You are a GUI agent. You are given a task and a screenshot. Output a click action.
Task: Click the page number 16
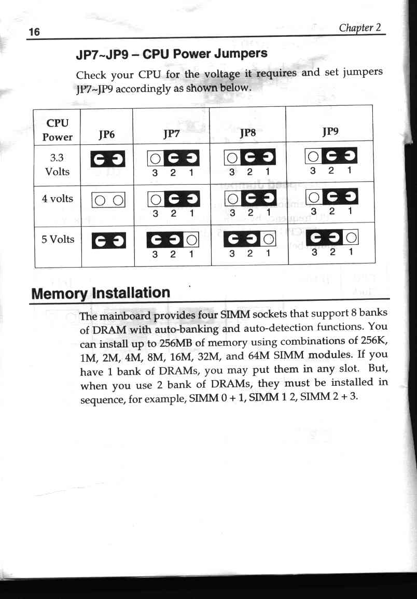click(x=34, y=31)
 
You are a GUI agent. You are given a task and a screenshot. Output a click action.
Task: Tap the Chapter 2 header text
click(x=360, y=27)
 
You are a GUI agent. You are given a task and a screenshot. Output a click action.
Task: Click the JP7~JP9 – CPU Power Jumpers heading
click(x=171, y=54)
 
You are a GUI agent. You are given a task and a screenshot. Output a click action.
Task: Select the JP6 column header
click(x=107, y=134)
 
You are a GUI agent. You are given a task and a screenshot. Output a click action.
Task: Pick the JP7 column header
click(x=171, y=134)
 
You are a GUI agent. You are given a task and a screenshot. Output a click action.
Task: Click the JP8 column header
click(x=248, y=133)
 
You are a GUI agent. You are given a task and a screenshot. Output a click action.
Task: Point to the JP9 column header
click(x=330, y=131)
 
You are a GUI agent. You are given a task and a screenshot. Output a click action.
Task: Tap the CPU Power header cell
click(x=58, y=130)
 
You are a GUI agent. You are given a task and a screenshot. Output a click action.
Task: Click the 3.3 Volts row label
click(x=58, y=164)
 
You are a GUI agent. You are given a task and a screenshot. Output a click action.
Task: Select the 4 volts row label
click(x=58, y=199)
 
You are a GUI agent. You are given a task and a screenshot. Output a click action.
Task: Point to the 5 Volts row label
click(x=58, y=240)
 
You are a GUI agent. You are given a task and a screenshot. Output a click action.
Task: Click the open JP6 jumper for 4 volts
click(x=108, y=200)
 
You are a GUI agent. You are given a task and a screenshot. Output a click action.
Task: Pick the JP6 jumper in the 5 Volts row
click(x=109, y=241)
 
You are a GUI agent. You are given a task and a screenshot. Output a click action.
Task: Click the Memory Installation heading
click(x=101, y=293)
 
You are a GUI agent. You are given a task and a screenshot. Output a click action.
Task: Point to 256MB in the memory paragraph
click(x=176, y=343)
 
